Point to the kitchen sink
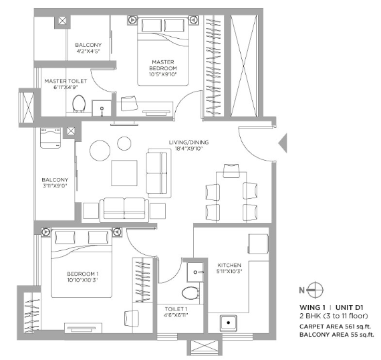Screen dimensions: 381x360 tap(229, 323)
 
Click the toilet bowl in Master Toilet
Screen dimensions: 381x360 tap(79, 104)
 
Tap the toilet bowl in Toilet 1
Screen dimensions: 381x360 tap(190, 293)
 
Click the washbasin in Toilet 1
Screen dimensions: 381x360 tap(195, 272)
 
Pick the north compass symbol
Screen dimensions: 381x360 tap(312, 290)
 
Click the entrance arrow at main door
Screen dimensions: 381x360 tap(283, 143)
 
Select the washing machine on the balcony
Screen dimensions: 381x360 tap(51, 138)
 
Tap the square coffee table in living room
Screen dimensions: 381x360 tap(124, 173)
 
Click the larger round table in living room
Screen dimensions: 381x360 tap(100, 151)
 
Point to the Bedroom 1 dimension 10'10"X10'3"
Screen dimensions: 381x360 tap(82, 280)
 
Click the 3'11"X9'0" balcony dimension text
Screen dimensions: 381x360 tap(55, 186)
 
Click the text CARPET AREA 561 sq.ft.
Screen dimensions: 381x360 tap(336, 327)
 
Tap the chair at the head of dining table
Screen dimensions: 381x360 tap(231, 171)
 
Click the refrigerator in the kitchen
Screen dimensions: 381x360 tap(258, 244)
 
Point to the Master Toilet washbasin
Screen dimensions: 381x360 tap(102, 108)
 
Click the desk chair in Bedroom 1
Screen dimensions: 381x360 tap(132, 318)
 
